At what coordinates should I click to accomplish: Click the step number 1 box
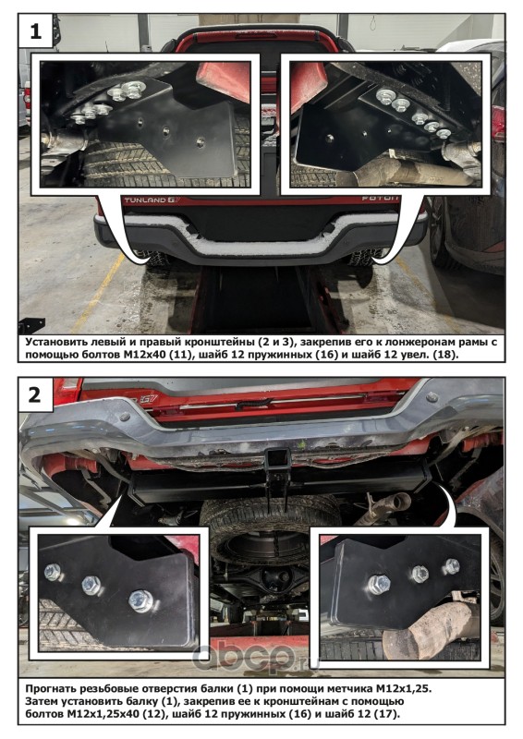pyautogui.click(x=35, y=31)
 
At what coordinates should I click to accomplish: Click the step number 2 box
pyautogui.click(x=35, y=394)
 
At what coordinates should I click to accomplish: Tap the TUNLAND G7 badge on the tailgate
pyautogui.click(x=145, y=200)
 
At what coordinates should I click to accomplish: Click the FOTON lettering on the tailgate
pyautogui.click(x=380, y=199)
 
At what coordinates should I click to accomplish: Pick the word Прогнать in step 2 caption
pyautogui.click(x=51, y=689)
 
